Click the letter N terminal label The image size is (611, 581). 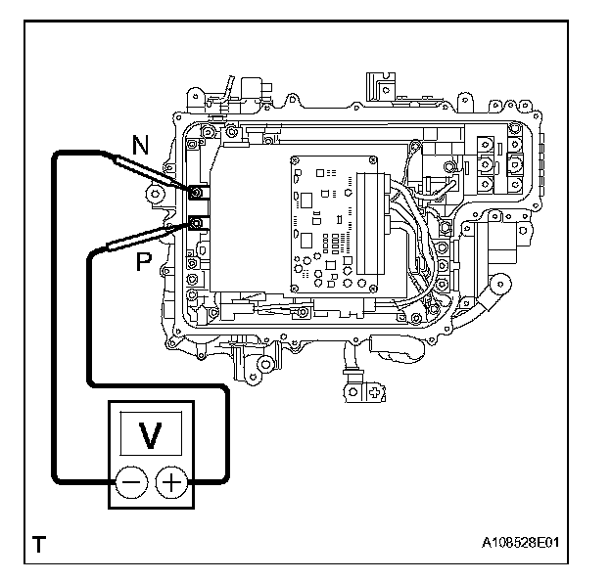point(141,147)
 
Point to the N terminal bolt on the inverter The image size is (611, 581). point(196,192)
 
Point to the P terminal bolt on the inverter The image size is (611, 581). point(196,224)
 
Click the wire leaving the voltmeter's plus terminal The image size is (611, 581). point(226,430)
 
